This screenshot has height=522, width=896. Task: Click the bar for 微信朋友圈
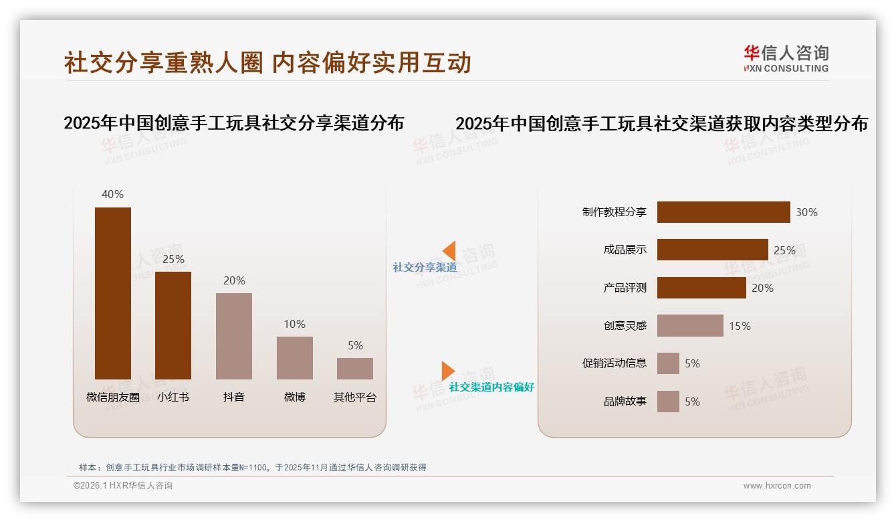tap(113, 293)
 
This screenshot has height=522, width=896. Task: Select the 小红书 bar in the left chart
tap(173, 325)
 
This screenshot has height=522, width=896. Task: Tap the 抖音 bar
tap(234, 336)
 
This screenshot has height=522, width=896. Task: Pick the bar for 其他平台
tap(355, 369)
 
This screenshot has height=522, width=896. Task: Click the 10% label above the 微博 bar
tap(294, 324)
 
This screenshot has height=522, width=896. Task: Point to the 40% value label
tap(112, 194)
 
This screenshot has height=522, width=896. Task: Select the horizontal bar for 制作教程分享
tap(723, 212)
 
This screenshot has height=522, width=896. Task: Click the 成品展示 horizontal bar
tap(712, 250)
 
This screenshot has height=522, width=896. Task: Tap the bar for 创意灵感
tap(690, 326)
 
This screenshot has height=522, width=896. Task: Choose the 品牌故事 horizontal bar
tap(668, 402)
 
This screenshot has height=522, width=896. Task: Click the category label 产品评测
tap(625, 288)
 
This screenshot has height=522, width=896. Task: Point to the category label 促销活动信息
tap(614, 363)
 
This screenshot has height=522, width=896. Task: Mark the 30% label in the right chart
tap(806, 212)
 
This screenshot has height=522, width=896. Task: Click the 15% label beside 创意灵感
tap(740, 326)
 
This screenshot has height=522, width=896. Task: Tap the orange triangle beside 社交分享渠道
tap(449, 251)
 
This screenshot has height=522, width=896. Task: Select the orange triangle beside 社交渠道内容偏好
tap(447, 371)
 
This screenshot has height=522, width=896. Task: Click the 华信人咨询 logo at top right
tap(786, 59)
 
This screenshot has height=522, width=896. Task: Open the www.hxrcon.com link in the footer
tap(777, 486)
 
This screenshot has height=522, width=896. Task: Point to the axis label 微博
tap(294, 397)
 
